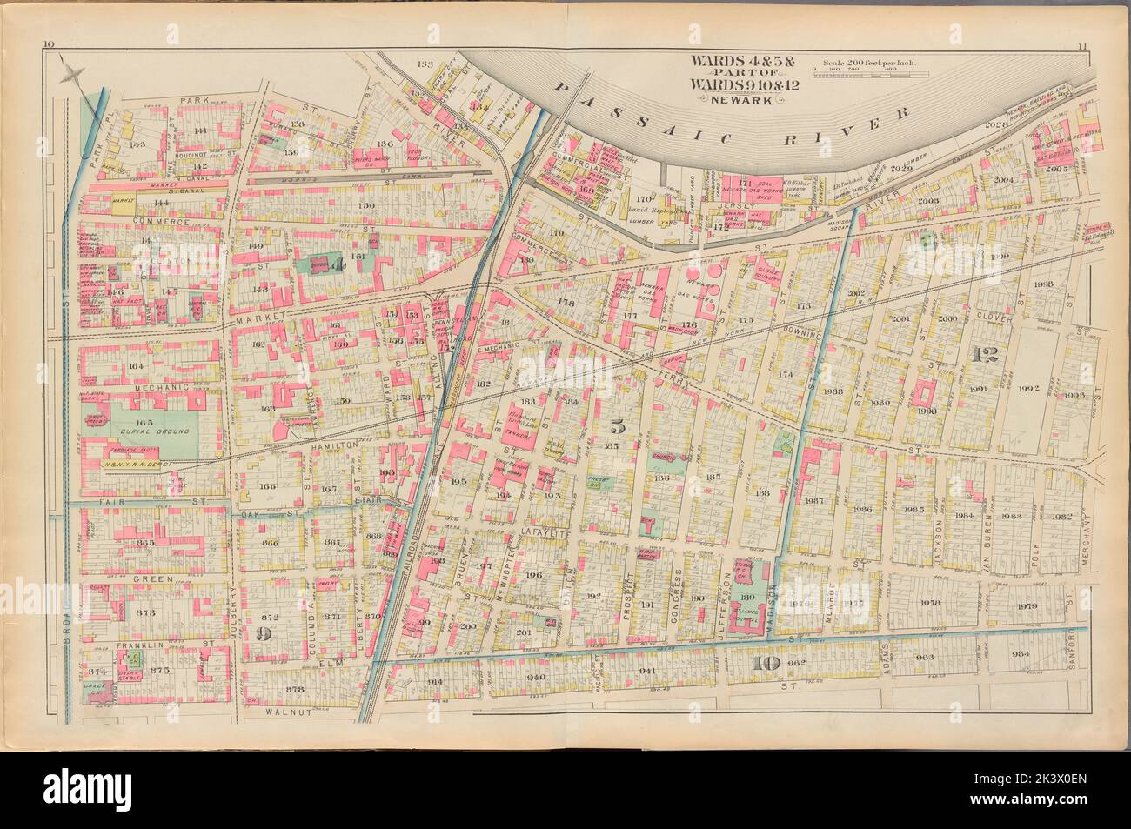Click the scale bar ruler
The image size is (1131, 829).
click(870, 76)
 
